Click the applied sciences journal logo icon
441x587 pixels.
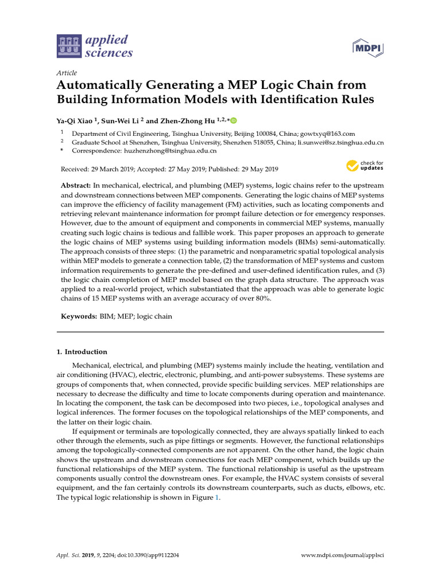[69, 46]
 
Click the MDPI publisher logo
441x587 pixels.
[367, 48]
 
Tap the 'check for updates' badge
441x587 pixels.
[365, 166]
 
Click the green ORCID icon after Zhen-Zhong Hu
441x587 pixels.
[234, 120]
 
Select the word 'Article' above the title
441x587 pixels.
[67, 73]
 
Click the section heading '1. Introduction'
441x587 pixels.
[82, 351]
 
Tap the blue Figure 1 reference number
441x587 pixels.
[217, 498]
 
